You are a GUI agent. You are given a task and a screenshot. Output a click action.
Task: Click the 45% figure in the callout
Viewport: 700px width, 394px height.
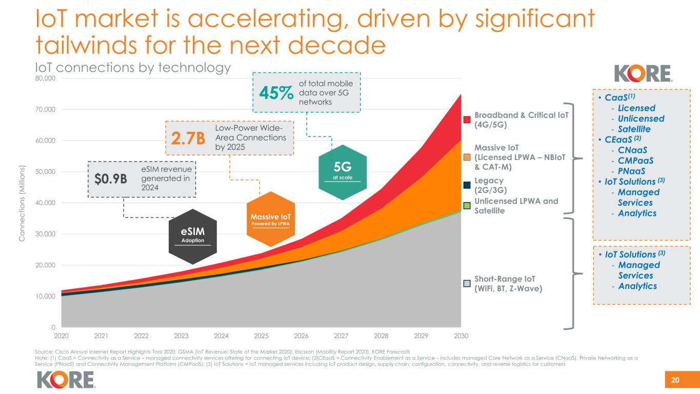tap(276, 93)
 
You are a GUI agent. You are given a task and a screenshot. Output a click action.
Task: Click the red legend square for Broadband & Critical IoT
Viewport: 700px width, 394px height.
tap(467, 120)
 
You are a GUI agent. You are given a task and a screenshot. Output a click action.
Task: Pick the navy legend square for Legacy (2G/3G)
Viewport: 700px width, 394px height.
tap(467, 185)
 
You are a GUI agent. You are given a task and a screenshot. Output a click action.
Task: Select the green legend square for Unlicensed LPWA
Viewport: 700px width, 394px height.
tap(467, 205)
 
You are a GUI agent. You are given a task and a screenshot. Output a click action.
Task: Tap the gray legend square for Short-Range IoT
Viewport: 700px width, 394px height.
tap(467, 283)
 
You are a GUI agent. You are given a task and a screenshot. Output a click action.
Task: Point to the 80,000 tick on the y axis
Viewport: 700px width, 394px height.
tap(43, 78)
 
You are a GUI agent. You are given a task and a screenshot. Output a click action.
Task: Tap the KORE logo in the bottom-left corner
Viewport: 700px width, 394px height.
tap(66, 380)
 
